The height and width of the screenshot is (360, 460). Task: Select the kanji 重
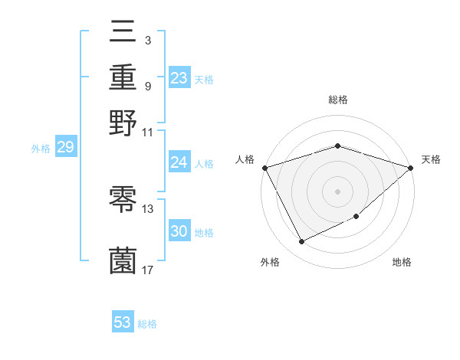[x=123, y=77]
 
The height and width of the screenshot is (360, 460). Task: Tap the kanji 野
[x=123, y=123]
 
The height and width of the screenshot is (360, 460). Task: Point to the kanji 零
[x=123, y=201]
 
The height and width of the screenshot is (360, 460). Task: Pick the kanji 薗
[x=123, y=260]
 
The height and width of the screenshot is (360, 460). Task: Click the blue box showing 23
[x=179, y=78]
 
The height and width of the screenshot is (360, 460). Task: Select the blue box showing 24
[x=179, y=162]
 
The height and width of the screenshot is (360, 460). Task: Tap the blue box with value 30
[x=179, y=232]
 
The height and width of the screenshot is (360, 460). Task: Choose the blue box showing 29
[x=65, y=148]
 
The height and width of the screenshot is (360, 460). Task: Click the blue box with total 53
[x=123, y=322]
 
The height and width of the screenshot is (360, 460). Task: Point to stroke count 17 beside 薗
[x=148, y=269]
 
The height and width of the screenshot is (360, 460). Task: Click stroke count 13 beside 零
[x=148, y=208]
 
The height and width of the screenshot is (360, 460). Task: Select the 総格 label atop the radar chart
[x=337, y=100]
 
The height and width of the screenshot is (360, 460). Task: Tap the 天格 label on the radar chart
[x=432, y=159]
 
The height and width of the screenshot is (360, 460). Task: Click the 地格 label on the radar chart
[x=402, y=263]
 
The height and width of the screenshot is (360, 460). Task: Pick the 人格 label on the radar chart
[x=245, y=159]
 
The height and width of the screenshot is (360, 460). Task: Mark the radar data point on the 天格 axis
[x=411, y=167]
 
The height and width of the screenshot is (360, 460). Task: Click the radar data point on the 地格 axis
[x=357, y=218]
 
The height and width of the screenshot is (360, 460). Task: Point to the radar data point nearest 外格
[x=301, y=242]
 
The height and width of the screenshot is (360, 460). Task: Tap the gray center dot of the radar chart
[x=337, y=191]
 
